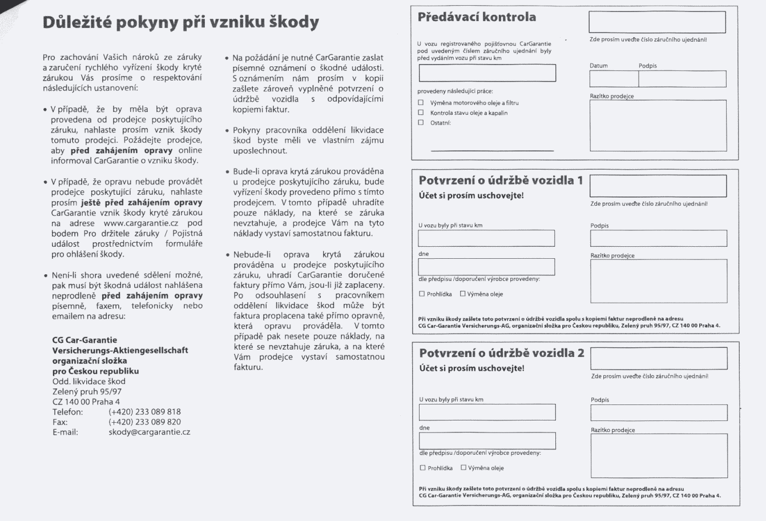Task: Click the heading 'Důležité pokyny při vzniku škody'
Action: point(180,22)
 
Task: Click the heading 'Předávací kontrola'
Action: point(477,17)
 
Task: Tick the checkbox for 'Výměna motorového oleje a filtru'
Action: point(421,103)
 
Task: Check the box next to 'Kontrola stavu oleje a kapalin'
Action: point(421,113)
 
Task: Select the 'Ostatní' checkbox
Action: point(421,122)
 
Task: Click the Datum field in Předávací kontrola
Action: point(614,79)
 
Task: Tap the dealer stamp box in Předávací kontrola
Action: point(658,125)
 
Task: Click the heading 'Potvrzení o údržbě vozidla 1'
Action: point(501,181)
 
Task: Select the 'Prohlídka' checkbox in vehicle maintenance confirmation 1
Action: point(422,294)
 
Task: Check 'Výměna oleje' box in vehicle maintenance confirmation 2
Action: point(463,468)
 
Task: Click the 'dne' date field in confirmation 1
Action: point(486,267)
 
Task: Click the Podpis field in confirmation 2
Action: point(659,412)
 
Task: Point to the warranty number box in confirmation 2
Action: point(659,359)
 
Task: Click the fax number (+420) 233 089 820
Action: point(144,422)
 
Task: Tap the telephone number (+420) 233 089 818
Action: point(144,412)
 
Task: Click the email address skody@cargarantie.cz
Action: point(149,432)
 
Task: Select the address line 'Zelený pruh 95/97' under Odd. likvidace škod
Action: point(87,391)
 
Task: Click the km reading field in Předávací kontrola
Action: point(487,73)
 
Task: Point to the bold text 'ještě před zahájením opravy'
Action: point(141,202)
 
